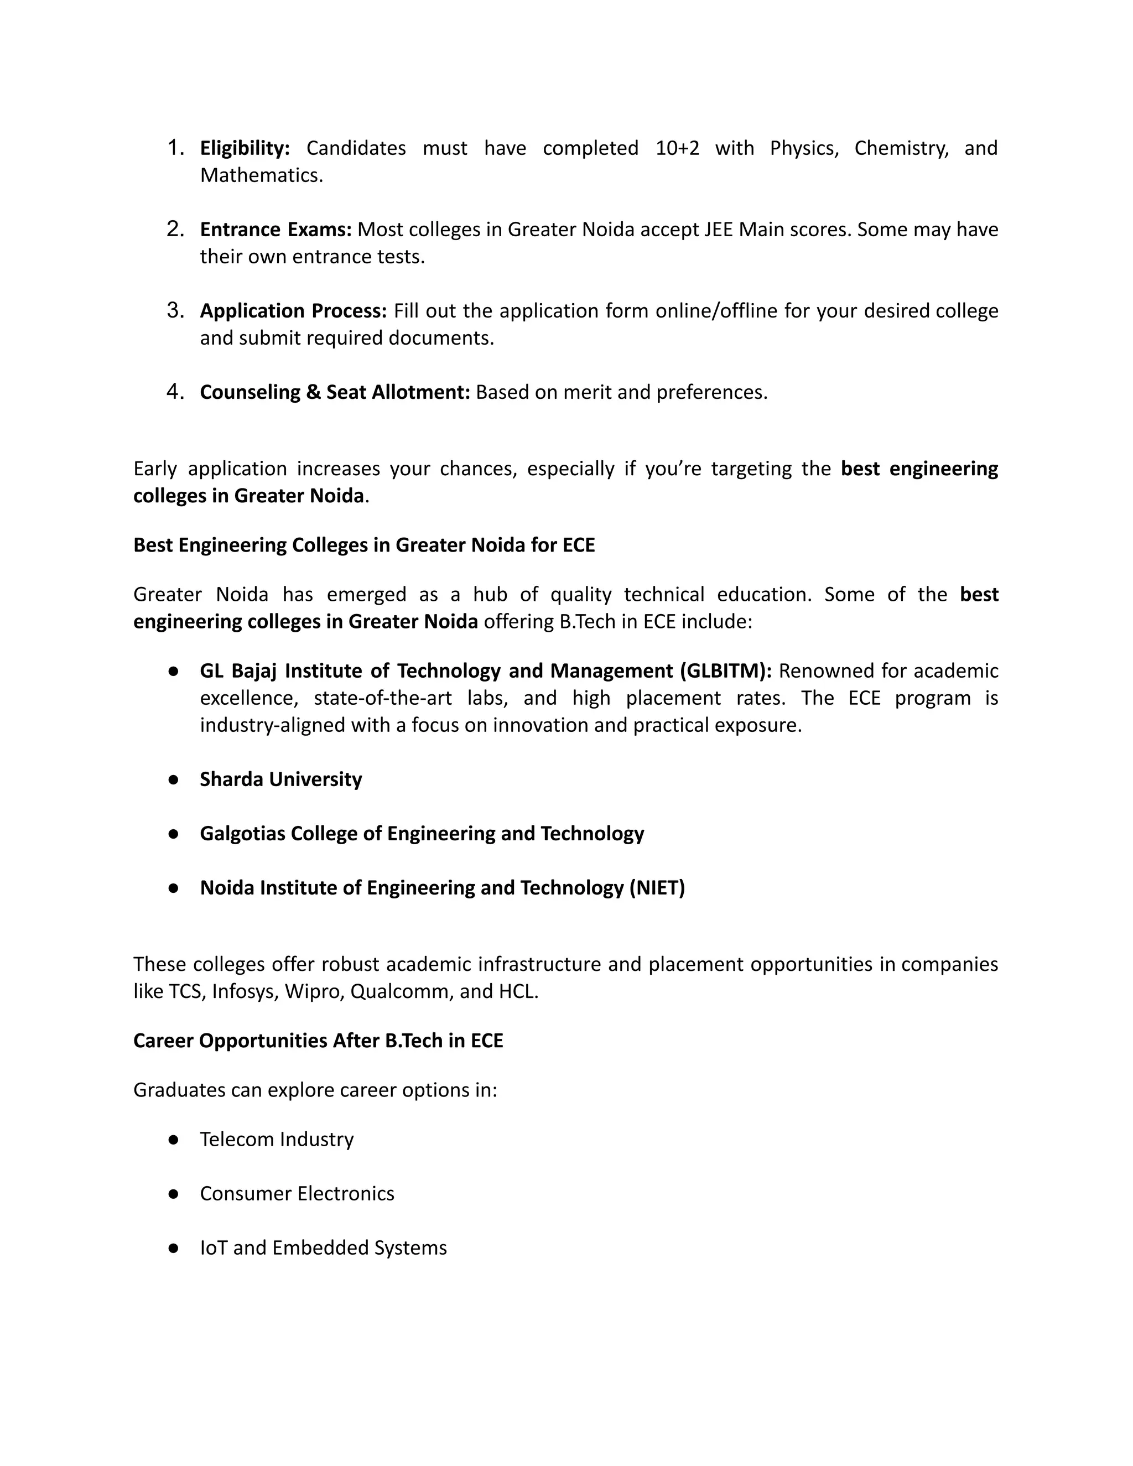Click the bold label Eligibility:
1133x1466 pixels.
point(245,148)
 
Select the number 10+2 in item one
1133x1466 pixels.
point(677,148)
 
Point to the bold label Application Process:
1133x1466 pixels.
point(293,311)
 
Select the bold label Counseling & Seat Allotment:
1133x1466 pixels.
point(335,392)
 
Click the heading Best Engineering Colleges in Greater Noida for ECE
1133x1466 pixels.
point(364,544)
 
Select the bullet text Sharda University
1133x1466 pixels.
point(280,779)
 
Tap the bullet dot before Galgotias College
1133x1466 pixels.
point(173,834)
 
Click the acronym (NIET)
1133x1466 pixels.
point(657,888)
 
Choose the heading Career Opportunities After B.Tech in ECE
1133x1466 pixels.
point(318,1041)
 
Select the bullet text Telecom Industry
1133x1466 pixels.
point(277,1139)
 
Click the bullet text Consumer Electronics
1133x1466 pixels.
point(297,1193)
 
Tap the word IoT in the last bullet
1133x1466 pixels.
point(214,1248)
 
